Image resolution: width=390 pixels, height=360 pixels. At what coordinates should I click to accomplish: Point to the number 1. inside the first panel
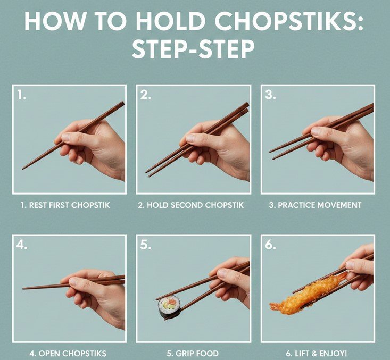[x=21, y=95]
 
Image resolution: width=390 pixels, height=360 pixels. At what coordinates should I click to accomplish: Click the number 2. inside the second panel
[x=145, y=95]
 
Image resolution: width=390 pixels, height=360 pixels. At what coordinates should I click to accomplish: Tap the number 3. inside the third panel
[x=270, y=95]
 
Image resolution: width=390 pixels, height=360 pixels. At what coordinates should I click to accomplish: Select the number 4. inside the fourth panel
[x=22, y=245]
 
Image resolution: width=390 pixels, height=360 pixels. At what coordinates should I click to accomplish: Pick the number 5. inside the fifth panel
[x=145, y=245]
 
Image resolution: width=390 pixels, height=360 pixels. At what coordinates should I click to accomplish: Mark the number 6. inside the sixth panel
[x=270, y=245]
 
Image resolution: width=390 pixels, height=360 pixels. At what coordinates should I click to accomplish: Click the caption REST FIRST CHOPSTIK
[x=69, y=205]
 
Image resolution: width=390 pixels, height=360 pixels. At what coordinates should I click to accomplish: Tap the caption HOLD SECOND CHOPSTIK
[x=195, y=205]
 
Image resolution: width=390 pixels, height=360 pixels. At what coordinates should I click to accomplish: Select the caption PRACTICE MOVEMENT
[x=319, y=205]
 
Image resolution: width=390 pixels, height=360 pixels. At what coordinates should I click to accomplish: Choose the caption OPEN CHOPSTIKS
[x=72, y=353]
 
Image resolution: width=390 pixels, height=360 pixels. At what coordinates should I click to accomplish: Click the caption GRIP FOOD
[x=196, y=353]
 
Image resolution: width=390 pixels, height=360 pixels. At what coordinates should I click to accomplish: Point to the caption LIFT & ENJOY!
[x=321, y=353]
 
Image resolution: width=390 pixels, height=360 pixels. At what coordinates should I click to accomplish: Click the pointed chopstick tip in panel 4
[x=23, y=289]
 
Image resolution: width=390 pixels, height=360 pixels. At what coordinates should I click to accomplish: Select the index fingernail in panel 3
[x=316, y=131]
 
